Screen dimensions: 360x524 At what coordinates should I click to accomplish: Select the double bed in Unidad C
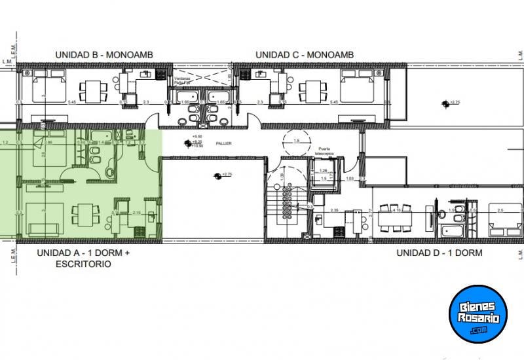[x=357, y=86]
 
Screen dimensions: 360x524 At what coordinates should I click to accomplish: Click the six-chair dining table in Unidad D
[x=397, y=215]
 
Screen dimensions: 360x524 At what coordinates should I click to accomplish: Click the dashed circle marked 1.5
[x=295, y=141]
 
